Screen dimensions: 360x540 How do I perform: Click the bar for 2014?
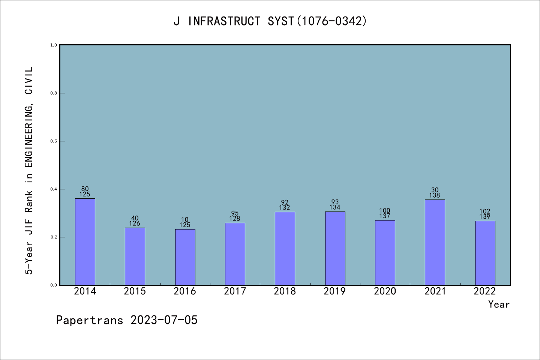85,241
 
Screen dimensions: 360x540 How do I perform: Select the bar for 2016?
185,257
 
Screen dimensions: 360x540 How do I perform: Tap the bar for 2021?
435,242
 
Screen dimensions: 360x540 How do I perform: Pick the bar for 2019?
335,248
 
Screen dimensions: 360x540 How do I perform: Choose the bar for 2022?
485,253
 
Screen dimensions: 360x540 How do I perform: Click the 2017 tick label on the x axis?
235,291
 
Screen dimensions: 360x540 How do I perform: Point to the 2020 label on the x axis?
385,291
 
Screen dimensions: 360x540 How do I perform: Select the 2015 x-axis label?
135,291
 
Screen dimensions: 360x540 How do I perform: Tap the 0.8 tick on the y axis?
54,93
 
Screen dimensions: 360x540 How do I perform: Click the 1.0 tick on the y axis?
54,45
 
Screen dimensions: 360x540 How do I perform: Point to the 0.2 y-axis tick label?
54,237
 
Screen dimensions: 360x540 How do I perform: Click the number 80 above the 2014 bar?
85,189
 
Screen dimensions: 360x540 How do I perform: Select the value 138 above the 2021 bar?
435,195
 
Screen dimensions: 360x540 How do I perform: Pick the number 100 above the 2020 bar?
385,211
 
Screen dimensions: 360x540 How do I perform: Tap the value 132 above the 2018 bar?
285,208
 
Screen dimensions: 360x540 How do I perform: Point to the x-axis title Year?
499,304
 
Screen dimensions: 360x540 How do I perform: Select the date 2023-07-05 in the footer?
164,320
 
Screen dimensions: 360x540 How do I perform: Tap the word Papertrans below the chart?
90,320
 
